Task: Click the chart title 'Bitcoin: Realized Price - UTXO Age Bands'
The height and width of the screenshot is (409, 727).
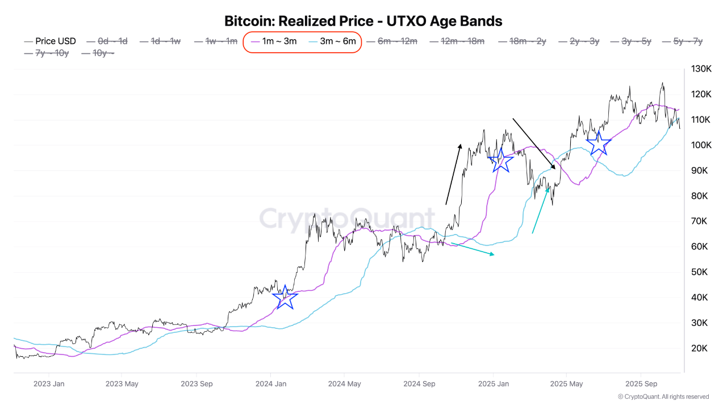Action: (363, 21)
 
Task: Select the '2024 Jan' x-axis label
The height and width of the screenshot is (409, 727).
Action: (270, 383)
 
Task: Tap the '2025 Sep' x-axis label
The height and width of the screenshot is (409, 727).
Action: (641, 383)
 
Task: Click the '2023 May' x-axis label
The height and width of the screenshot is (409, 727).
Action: (122, 383)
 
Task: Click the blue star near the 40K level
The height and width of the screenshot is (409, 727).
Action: (285, 297)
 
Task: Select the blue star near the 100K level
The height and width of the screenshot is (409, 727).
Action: (599, 143)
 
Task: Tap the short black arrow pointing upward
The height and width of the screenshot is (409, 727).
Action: (453, 174)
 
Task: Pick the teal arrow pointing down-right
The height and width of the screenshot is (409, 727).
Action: (473, 249)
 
